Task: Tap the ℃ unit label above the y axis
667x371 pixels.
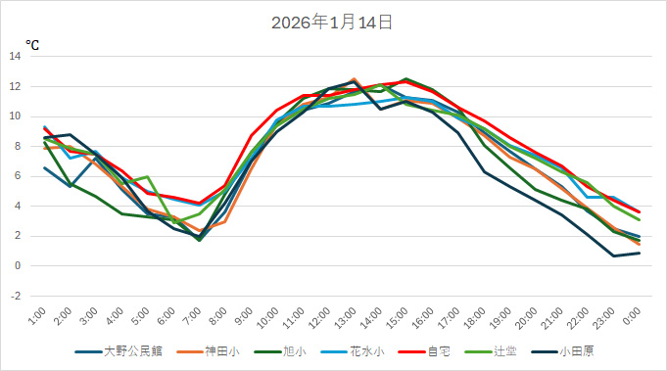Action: [32, 44]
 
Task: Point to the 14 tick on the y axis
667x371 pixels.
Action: [16, 56]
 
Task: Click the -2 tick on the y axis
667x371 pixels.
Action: [16, 296]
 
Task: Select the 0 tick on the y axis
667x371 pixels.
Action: [18, 265]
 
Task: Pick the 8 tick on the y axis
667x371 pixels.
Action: [18, 146]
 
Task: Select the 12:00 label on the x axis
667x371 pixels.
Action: [321, 316]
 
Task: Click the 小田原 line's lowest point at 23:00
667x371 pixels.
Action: [614, 255]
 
